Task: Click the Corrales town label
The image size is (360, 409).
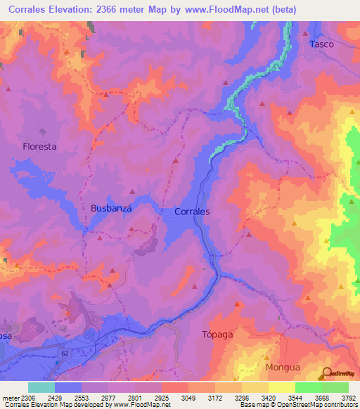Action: tap(191, 211)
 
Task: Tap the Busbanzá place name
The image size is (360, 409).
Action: tap(111, 209)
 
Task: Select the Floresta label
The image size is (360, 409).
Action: tap(39, 147)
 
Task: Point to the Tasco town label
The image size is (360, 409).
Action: tap(321, 44)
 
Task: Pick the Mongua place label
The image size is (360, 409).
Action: tap(282, 367)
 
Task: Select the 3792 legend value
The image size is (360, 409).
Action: tap(347, 398)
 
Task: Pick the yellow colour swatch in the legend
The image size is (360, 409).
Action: tap(282, 387)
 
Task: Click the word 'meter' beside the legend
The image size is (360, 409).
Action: tap(10, 398)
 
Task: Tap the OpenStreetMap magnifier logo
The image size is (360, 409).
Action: tap(326, 374)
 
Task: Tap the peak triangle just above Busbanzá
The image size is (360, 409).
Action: tap(131, 191)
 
